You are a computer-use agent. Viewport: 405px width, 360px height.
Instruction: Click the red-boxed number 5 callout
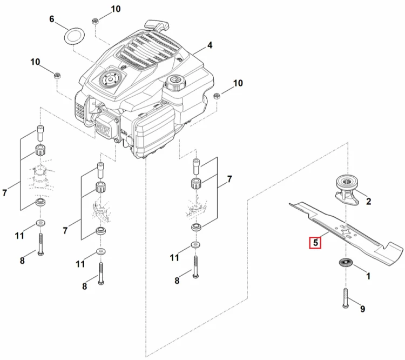(315, 243)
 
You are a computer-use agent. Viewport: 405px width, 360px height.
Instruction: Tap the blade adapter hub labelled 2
(347, 191)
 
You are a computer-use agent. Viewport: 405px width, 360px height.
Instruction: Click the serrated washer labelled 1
(346, 263)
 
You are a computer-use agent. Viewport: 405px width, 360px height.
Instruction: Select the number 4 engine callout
(210, 45)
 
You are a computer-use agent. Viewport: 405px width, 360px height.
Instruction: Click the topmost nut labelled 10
(95, 21)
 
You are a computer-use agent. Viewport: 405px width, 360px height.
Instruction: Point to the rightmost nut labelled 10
(217, 96)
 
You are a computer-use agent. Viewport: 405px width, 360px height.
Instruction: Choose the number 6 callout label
(52, 19)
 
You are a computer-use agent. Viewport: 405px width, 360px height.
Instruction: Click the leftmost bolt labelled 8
(40, 244)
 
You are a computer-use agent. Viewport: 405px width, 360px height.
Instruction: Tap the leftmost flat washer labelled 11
(40, 223)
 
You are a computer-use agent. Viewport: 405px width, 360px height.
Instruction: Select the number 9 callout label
(363, 309)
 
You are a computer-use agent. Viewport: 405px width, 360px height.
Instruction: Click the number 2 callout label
(369, 202)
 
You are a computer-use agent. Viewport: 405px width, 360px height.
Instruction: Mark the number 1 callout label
(368, 276)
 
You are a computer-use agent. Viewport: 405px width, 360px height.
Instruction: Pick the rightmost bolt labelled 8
(195, 267)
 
